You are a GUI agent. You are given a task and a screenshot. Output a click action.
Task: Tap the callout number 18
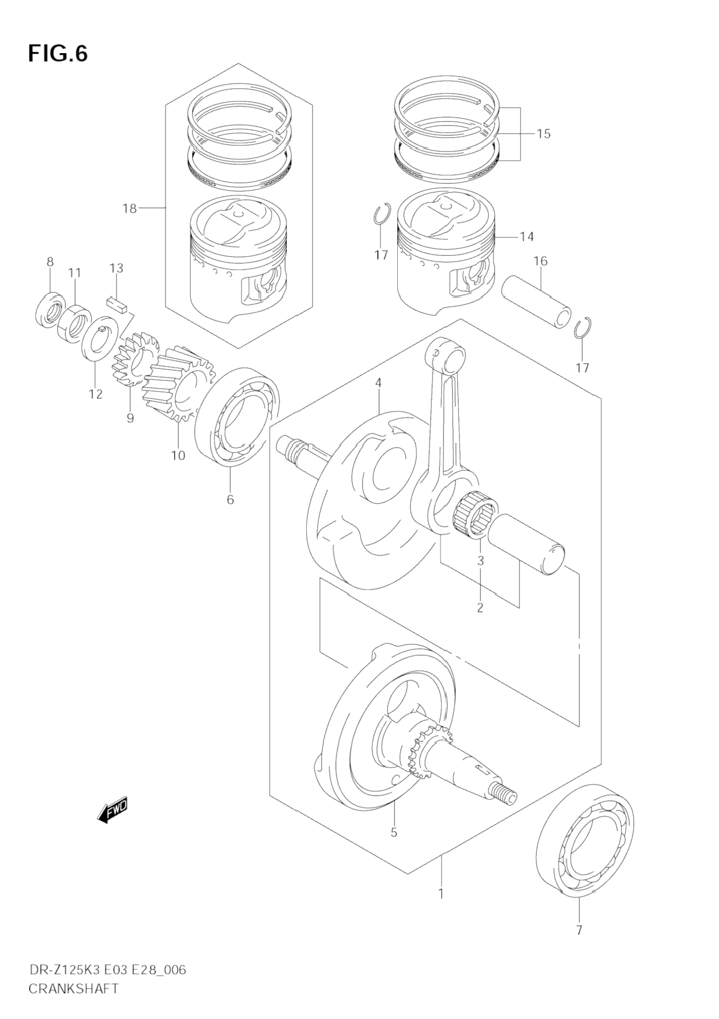point(130,208)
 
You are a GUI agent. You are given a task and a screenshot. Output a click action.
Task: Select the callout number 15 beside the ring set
point(543,134)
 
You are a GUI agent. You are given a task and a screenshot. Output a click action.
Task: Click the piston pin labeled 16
point(536,302)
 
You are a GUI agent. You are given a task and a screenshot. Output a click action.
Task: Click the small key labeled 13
point(116,304)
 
